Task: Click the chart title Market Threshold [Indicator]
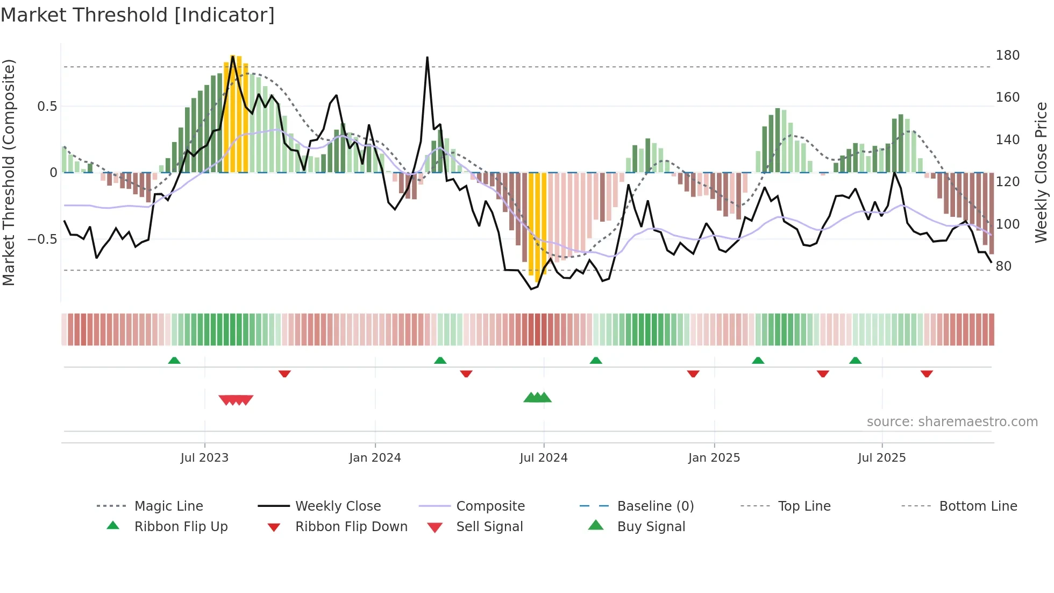coord(138,15)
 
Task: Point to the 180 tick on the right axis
coord(1007,55)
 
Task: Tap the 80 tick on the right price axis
coord(1003,266)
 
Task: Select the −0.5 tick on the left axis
coord(42,239)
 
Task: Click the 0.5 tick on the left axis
coord(47,107)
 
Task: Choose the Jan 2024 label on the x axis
coord(375,458)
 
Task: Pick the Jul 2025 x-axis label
coord(881,458)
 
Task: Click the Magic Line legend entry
coord(168,506)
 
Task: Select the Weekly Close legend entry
coord(338,506)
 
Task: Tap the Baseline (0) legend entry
coord(655,506)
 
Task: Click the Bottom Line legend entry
coord(978,506)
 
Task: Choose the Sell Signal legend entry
coord(489,527)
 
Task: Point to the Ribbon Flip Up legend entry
coord(181,527)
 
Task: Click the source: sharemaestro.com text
coord(952,422)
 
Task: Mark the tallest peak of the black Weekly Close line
coord(428,58)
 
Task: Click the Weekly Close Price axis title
coord(1042,172)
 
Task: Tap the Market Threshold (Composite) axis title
coord(9,172)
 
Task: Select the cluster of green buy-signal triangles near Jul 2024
coord(537,398)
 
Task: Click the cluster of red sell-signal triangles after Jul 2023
coord(236,400)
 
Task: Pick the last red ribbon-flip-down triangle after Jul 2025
coord(926,373)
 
